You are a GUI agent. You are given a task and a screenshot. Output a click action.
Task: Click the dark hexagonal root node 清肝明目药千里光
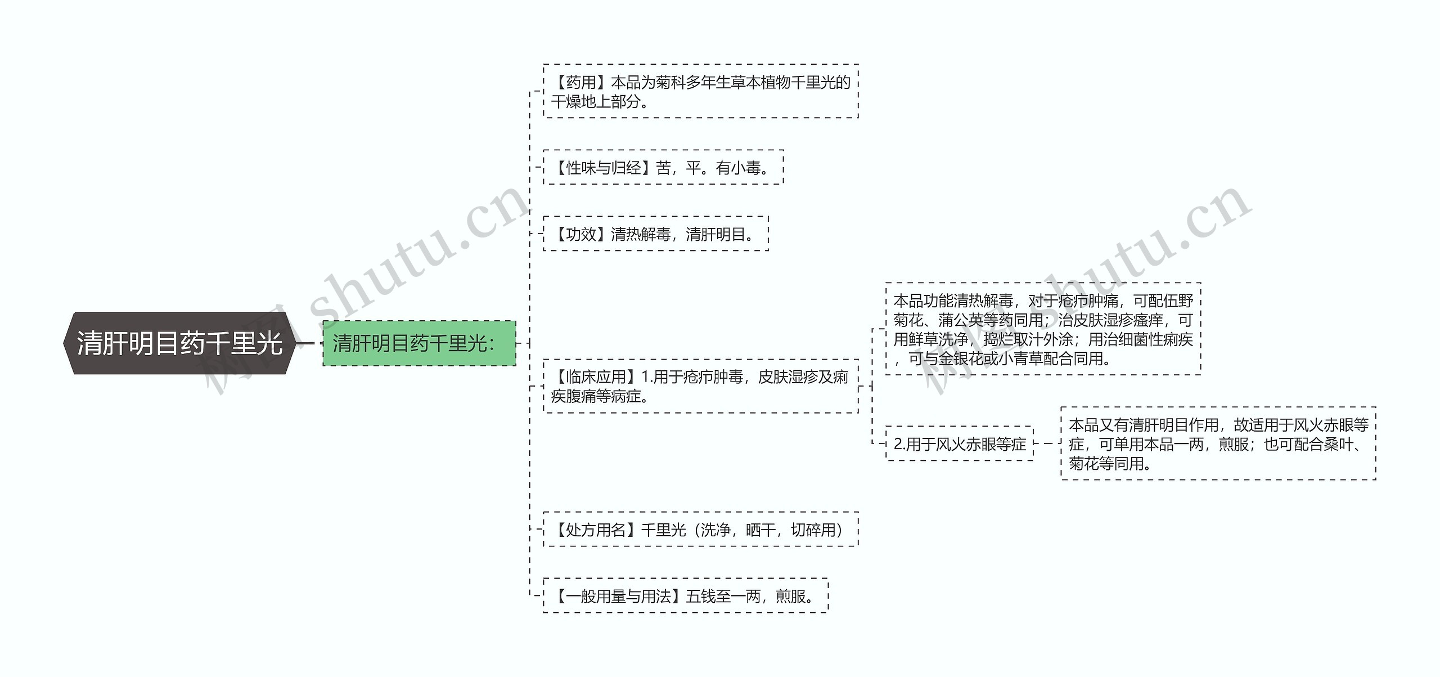click(x=179, y=343)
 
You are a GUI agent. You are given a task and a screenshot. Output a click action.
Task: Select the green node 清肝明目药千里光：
click(x=419, y=343)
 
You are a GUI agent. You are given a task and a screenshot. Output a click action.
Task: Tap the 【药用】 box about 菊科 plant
click(x=700, y=91)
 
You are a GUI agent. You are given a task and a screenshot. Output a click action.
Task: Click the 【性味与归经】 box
click(x=663, y=168)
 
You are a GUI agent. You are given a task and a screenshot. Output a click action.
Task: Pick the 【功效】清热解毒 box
click(x=655, y=234)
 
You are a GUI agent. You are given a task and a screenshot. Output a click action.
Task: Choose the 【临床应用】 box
click(x=700, y=386)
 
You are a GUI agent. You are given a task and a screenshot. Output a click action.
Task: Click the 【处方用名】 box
click(x=700, y=529)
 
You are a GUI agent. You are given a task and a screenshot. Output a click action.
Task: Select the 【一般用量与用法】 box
click(x=685, y=595)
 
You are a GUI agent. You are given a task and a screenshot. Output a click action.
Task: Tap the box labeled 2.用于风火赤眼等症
click(x=960, y=444)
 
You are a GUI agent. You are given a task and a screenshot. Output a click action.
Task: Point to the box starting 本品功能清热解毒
click(x=1043, y=329)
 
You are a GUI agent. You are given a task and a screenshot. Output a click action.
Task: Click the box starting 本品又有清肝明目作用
click(x=1218, y=443)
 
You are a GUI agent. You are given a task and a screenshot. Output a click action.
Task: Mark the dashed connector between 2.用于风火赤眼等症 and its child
click(x=1047, y=443)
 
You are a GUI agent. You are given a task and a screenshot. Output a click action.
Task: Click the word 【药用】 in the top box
click(x=580, y=83)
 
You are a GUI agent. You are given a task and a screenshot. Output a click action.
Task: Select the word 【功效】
click(x=580, y=234)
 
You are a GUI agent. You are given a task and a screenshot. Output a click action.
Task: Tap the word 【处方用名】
click(x=596, y=530)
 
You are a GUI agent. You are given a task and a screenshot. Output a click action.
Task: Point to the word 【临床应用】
click(x=596, y=377)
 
